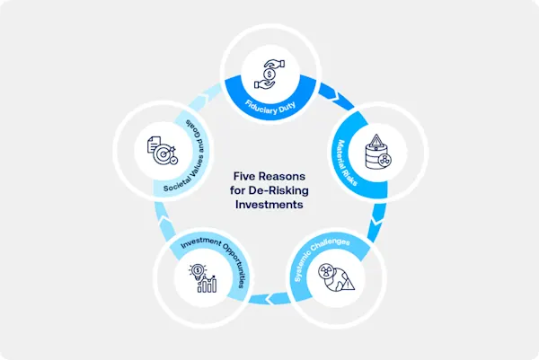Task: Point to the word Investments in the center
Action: [269, 204]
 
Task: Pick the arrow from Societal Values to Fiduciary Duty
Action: [208, 93]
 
